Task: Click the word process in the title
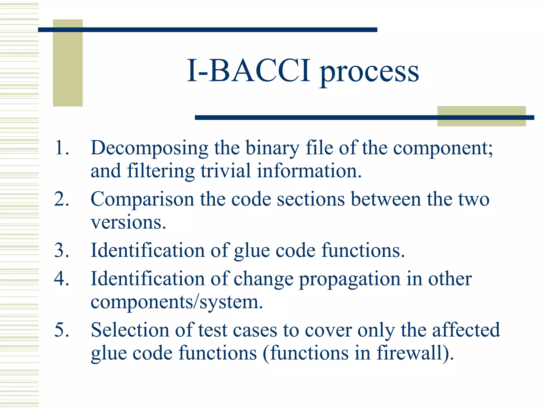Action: [x=370, y=72]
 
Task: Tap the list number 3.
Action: [x=62, y=250]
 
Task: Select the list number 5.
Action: [x=62, y=330]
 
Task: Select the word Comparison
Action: [x=142, y=200]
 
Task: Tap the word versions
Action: [x=128, y=222]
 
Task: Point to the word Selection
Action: [x=130, y=330]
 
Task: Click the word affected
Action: [x=466, y=330]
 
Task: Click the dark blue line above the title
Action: [x=207, y=30]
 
